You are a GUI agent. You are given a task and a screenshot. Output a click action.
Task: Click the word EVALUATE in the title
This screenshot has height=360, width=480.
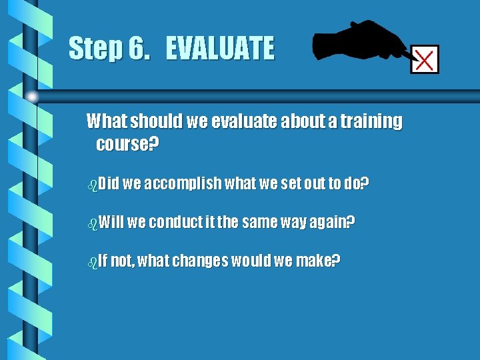pos(219,49)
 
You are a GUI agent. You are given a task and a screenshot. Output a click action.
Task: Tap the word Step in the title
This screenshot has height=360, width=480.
pos(92,49)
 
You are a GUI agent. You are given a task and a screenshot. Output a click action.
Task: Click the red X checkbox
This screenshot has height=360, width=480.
pos(425,60)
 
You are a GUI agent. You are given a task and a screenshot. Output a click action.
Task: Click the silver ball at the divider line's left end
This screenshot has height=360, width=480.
pos(32,97)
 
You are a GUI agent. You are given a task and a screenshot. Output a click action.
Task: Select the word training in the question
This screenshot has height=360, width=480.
pos(373,121)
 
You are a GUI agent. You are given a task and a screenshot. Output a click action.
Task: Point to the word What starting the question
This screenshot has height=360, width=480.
pos(107,121)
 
